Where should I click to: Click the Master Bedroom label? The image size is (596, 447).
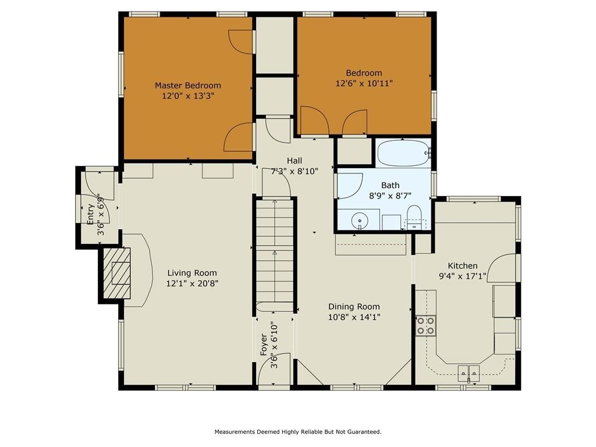coord(188,86)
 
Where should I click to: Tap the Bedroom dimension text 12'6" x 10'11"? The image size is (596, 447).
coord(364,83)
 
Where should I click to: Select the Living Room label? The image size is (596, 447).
coord(192,273)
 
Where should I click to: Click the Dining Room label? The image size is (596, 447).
coord(354,307)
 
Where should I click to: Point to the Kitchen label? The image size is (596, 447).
coord(463,265)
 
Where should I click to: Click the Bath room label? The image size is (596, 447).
coord(391,185)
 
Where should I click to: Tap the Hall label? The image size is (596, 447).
coord(295,161)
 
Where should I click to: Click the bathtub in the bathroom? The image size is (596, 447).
coord(404,153)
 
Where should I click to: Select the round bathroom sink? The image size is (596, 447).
coord(360,220)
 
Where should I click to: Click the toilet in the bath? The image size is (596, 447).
coord(414,217)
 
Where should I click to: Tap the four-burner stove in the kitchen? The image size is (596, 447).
coord(425,326)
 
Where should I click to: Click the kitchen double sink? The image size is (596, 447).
coord(469,373)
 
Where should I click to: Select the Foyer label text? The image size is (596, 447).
coord(264,345)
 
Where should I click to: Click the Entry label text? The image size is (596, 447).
coord(90,214)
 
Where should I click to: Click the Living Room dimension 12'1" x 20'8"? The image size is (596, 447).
coord(192,283)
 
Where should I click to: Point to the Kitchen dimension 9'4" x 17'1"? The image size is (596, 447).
coord(463,276)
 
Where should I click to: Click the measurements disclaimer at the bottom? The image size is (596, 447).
coord(298,432)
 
